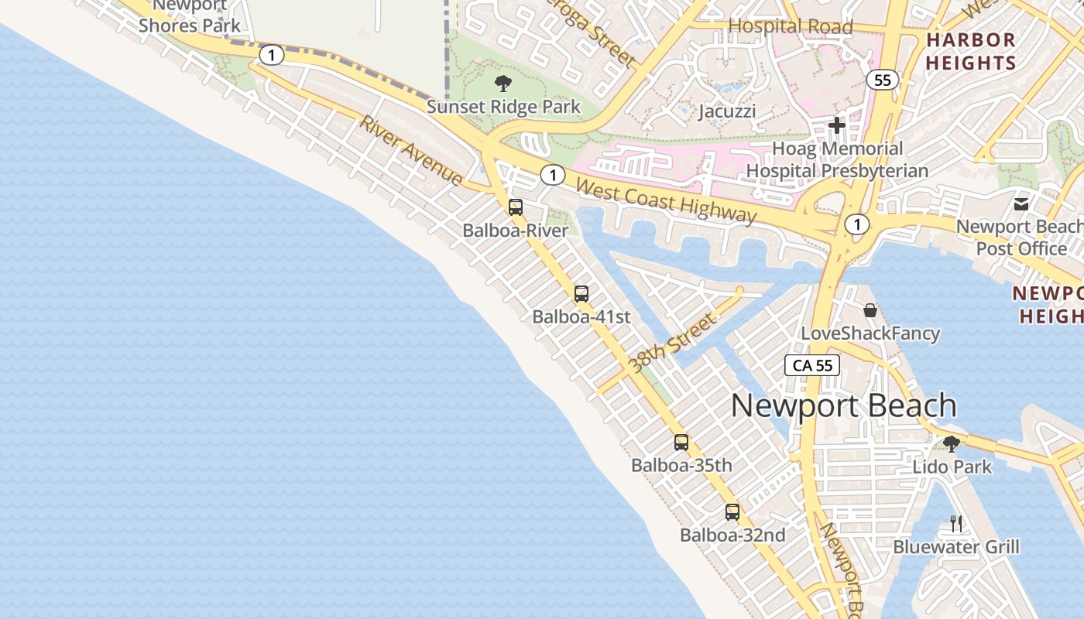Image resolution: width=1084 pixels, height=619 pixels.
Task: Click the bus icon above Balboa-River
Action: coord(516,207)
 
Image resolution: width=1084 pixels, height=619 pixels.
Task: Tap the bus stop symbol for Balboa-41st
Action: coord(581,294)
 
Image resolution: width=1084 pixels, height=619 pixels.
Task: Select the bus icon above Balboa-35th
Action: coord(681,443)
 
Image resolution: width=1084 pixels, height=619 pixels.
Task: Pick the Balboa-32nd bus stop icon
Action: coord(732,512)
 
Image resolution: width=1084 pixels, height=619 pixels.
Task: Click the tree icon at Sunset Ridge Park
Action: coord(503,83)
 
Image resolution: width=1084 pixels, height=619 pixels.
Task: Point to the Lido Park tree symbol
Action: coord(952,444)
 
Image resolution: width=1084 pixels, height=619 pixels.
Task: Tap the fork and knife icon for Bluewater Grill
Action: coord(956,524)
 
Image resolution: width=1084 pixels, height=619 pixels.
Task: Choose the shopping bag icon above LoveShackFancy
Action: coord(870,310)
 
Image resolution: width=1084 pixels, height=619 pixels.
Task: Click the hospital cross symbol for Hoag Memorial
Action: coord(837,125)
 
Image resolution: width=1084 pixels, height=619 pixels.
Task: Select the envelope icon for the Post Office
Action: coord(1021,203)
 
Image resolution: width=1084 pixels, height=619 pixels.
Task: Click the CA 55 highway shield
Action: coord(812,365)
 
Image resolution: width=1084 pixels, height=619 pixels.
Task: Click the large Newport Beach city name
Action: coord(844,406)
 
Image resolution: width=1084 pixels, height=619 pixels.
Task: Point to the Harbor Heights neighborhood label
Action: coord(971,51)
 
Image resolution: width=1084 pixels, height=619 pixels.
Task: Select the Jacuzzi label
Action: coord(727,111)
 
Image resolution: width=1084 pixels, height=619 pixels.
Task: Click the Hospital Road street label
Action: coord(791,26)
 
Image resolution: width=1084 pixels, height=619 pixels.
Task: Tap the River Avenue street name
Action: coord(411,151)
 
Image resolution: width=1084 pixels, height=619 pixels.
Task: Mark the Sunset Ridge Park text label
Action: coord(503,107)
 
